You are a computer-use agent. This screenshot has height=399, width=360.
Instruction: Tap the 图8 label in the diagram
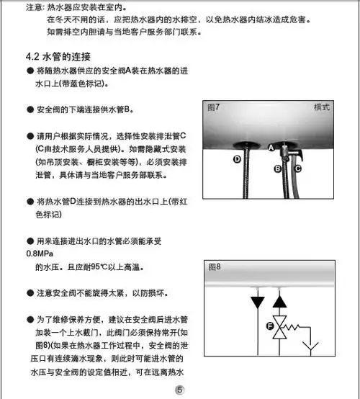tap(214, 266)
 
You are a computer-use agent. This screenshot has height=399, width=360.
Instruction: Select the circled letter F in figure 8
tap(271, 326)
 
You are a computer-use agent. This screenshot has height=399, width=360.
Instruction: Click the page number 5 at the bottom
tap(180, 390)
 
